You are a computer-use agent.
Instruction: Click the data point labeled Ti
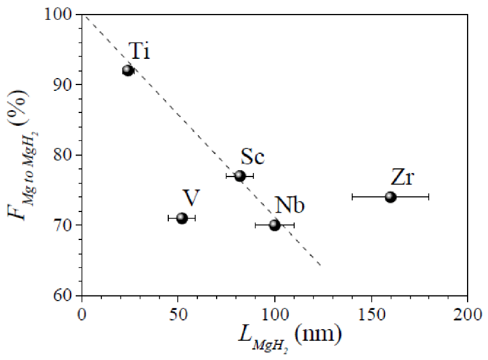tap(128, 70)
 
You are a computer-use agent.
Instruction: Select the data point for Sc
tap(240, 176)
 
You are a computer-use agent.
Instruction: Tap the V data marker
tap(182, 218)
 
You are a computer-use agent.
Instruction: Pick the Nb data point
tap(275, 225)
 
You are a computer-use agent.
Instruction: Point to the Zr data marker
tap(390, 197)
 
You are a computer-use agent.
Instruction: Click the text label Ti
tap(139, 52)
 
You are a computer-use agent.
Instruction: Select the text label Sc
tap(253, 157)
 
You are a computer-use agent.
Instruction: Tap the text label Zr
tap(402, 177)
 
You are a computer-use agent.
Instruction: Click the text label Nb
tap(291, 204)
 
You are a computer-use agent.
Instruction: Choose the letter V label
tap(192, 197)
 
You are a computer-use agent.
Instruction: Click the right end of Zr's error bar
tap(429, 197)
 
